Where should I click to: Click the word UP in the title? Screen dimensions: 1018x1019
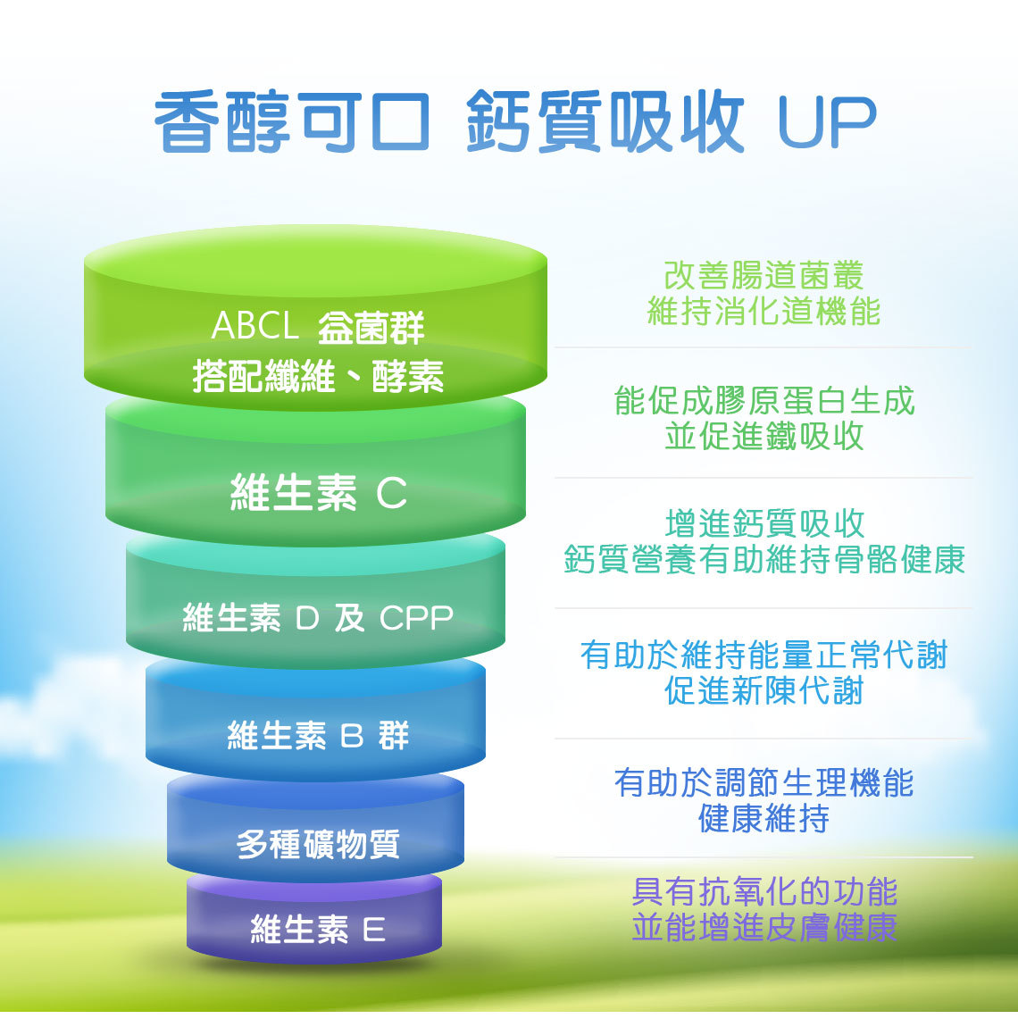click(827, 121)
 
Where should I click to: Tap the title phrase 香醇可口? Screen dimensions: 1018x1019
click(292, 121)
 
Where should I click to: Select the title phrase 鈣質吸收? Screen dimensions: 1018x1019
click(605, 121)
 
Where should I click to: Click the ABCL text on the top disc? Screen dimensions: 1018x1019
click(254, 325)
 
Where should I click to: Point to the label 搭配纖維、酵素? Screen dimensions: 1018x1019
click(318, 376)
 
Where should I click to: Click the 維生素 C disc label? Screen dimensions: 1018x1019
click(318, 492)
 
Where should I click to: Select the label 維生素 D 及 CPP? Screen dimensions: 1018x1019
click(318, 617)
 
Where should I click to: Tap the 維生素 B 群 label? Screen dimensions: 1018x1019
click(318, 735)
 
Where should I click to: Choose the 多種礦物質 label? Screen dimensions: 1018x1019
click(318, 844)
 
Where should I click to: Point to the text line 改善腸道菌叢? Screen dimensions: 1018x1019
click(764, 275)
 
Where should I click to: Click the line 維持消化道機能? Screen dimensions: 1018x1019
click(764, 311)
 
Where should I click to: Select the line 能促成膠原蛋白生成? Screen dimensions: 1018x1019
click(764, 400)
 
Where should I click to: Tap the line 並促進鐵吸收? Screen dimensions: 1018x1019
click(764, 436)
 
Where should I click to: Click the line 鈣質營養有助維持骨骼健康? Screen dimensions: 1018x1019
click(764, 559)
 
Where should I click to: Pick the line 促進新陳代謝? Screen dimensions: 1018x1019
click(764, 690)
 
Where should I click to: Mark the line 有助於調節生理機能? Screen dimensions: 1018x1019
click(764, 782)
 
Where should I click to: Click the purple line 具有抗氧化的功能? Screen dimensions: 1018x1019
click(764, 891)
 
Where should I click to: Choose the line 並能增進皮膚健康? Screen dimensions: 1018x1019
click(764, 927)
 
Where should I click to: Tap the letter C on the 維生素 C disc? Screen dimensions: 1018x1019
click(392, 493)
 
